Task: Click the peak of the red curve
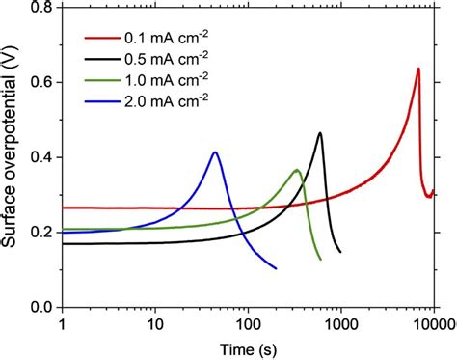tap(417, 69)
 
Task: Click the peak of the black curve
tap(320, 132)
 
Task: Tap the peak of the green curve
tap(297, 170)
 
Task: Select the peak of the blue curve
tap(215, 152)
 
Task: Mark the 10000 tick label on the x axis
tap(432, 323)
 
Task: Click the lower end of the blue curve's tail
tap(276, 268)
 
